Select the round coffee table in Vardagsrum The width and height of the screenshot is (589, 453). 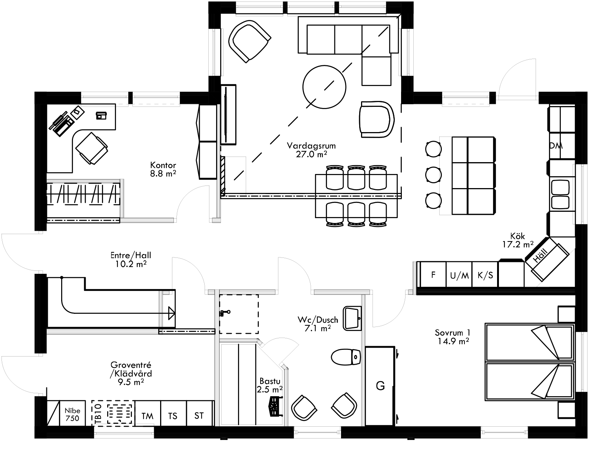(x=324, y=86)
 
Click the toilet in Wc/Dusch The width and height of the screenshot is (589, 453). (x=346, y=357)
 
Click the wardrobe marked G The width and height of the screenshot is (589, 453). (x=380, y=386)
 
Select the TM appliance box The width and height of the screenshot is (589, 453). (x=148, y=416)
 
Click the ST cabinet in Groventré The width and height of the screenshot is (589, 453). (x=199, y=416)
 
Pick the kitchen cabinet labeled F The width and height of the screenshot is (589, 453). (x=433, y=275)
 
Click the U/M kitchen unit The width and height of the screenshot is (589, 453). (x=459, y=275)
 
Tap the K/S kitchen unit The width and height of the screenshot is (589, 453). (x=485, y=275)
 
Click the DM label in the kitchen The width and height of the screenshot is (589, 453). (x=556, y=146)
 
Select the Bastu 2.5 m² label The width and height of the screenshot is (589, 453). (x=269, y=385)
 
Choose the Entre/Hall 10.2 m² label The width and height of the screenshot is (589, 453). (x=130, y=259)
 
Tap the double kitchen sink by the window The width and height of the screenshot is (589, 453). (x=560, y=195)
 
